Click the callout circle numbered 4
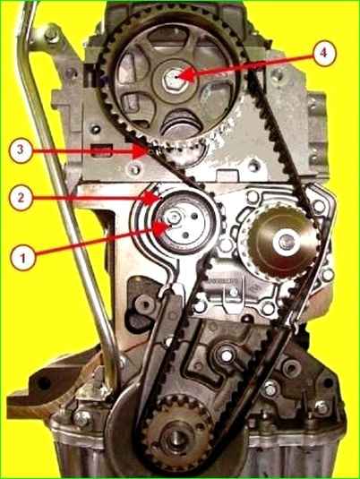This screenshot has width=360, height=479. tap(324, 53)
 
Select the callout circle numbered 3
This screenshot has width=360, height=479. tap(21, 150)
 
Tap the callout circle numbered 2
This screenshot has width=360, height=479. tap(21, 198)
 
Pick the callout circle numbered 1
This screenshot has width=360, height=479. tap(23, 259)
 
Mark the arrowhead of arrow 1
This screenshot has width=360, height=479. tap(170, 227)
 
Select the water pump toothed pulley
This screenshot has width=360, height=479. tap(282, 242)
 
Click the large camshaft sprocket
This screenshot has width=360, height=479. tap(172, 82)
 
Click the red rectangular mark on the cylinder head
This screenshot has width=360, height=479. tap(102, 151)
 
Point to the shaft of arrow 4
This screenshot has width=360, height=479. tap(253, 64)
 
